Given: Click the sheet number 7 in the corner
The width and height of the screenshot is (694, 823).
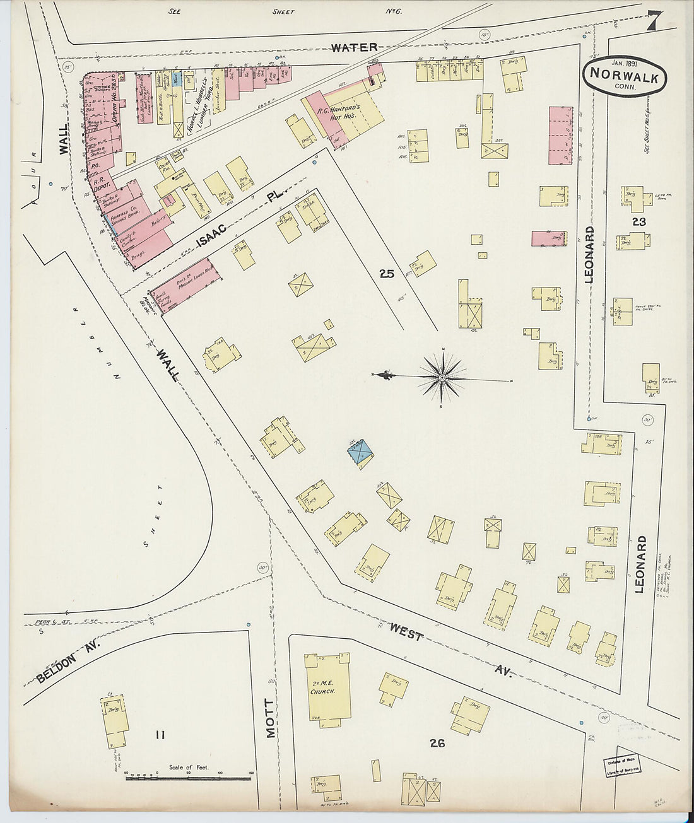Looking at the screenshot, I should tap(652, 22).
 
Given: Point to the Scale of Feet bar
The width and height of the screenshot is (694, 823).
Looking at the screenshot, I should tap(189, 778).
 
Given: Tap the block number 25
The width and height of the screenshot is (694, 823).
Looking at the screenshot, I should tap(387, 274).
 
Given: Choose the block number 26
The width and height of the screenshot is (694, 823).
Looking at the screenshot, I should tap(437, 744).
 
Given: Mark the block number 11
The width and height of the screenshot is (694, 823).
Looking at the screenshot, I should tap(160, 734).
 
